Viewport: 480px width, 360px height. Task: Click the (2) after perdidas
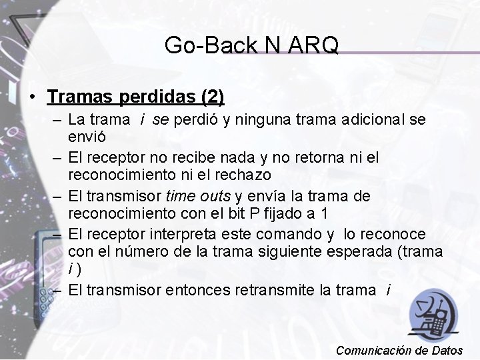point(212,97)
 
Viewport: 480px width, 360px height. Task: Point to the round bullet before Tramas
point(33,97)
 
